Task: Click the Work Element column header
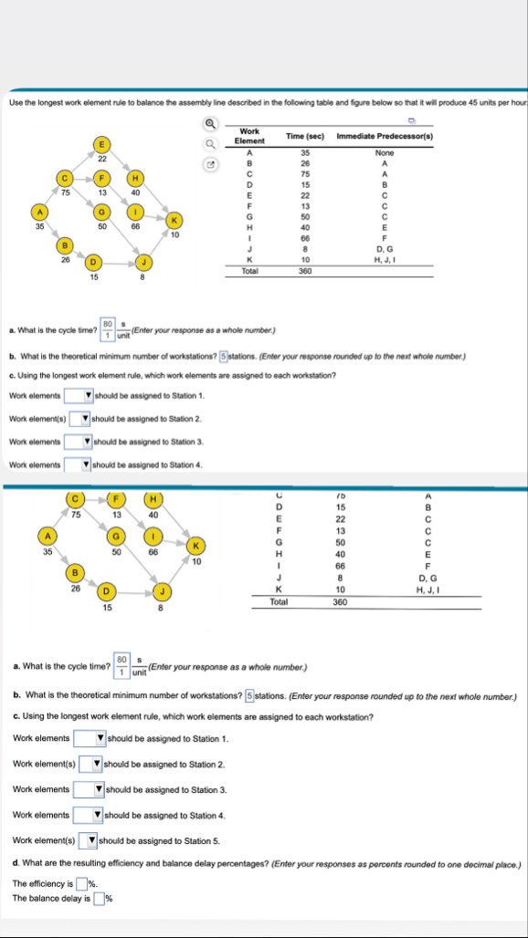[x=249, y=136]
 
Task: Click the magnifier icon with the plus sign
[x=209, y=128]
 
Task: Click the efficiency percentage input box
[x=81, y=882]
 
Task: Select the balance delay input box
[x=98, y=898]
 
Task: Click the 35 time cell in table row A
[x=306, y=152]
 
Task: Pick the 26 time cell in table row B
[x=306, y=163]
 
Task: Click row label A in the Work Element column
[x=249, y=152]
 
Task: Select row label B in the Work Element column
[x=249, y=163]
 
